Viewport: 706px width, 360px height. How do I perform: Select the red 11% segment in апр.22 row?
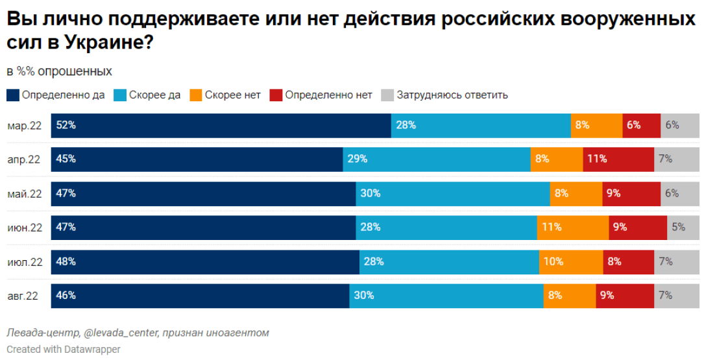pyautogui.click(x=618, y=159)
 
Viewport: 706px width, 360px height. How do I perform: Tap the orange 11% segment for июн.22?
pyautogui.click(x=572, y=228)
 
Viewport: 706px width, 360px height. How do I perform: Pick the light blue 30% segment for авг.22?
pyautogui.click(x=446, y=296)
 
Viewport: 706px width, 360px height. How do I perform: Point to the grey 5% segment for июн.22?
pyautogui.click(x=683, y=228)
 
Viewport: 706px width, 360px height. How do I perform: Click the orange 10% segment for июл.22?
pyautogui.click(x=570, y=262)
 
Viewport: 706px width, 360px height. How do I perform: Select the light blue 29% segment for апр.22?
pyautogui.click(x=436, y=159)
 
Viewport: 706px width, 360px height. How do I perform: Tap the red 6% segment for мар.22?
pyautogui.click(x=641, y=125)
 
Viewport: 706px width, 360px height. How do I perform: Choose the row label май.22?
pyautogui.click(x=24, y=193)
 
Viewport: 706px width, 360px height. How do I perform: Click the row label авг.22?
pyautogui.click(x=23, y=296)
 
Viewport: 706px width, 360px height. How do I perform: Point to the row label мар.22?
pyautogui.click(x=25, y=125)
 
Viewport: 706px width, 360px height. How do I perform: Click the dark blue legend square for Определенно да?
pyautogui.click(x=13, y=95)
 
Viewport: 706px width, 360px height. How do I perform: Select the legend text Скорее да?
pyautogui.click(x=154, y=95)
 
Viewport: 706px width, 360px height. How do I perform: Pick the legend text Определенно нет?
pyautogui.click(x=328, y=95)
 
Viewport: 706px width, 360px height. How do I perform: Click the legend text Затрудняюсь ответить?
pyautogui.click(x=452, y=95)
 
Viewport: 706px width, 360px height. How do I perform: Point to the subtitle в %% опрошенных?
pyautogui.click(x=59, y=71)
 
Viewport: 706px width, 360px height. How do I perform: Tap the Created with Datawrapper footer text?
pyautogui.click(x=64, y=349)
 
